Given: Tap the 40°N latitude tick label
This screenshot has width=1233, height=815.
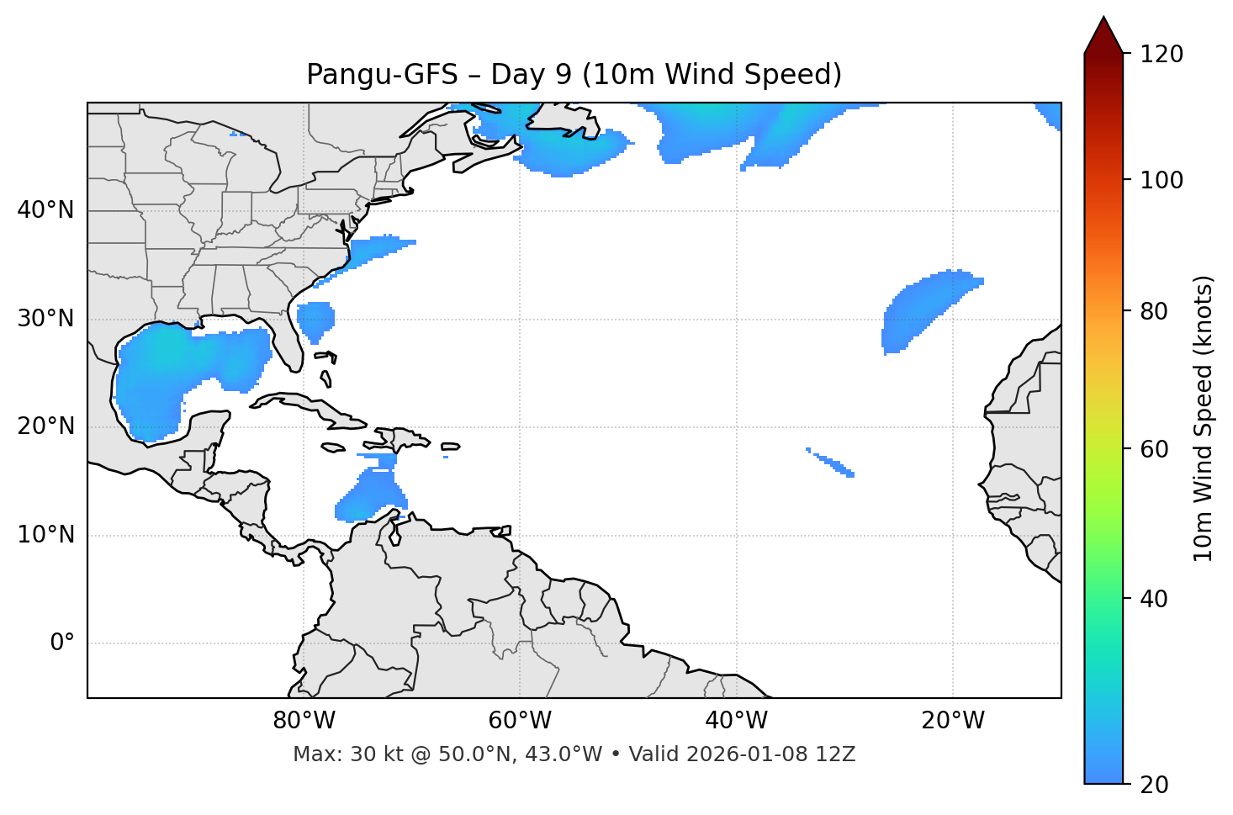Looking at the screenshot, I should (x=45, y=210).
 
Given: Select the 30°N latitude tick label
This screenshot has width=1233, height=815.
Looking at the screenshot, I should (x=45, y=319).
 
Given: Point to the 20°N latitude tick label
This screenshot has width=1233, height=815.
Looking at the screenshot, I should (x=45, y=426).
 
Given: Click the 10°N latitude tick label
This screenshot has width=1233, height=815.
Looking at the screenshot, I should (x=45, y=535).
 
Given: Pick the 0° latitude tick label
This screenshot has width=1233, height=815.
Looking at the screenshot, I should (x=61, y=643).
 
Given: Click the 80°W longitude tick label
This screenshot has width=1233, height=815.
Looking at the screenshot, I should (x=304, y=721).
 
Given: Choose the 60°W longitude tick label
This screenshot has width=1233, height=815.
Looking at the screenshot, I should (x=520, y=721).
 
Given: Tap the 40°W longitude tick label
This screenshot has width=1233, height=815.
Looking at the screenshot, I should (x=736, y=721).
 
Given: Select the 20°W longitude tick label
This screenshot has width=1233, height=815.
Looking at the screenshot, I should (x=953, y=721).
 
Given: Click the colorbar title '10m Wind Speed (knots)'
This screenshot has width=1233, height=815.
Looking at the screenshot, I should (x=1204, y=418).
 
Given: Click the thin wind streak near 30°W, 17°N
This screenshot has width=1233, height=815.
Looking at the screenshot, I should (x=833, y=463).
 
